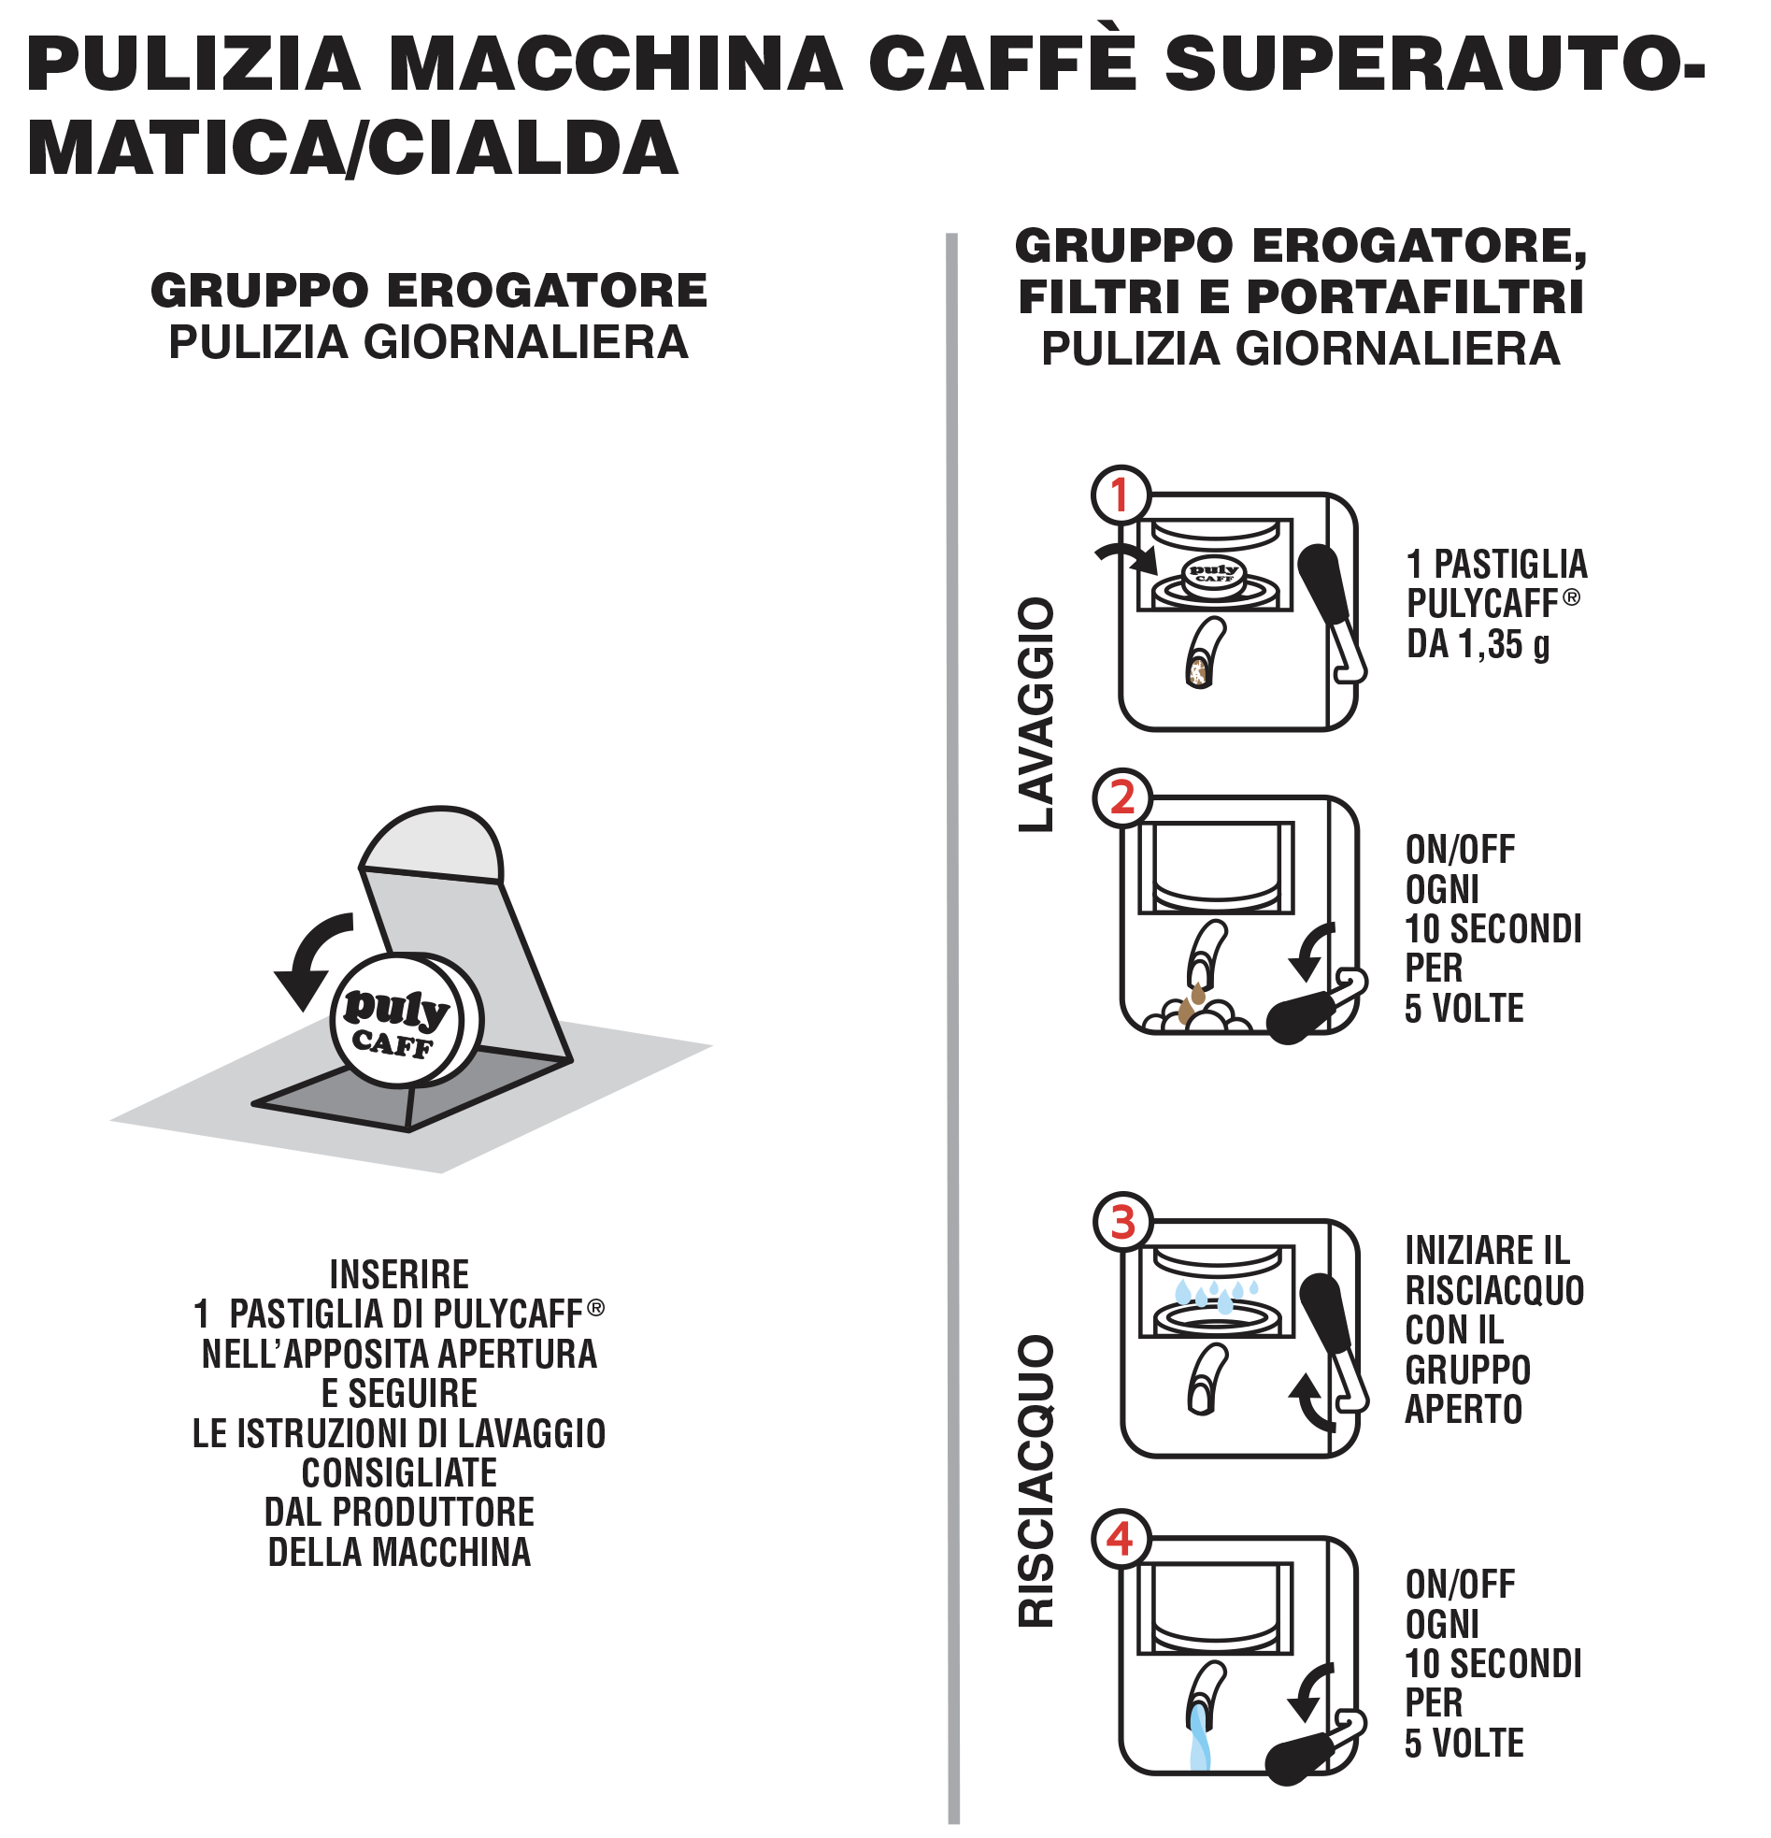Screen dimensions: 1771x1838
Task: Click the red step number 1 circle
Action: click(x=1121, y=495)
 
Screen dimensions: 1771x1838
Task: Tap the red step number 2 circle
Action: click(x=1122, y=798)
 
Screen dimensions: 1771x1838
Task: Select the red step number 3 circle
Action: click(x=1123, y=1222)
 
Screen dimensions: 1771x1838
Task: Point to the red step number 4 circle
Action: click(x=1121, y=1539)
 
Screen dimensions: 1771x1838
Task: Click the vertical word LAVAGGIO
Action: click(x=1037, y=713)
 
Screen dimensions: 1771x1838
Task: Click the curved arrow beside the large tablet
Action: click(x=309, y=956)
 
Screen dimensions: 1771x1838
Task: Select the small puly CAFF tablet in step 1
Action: click(x=1215, y=575)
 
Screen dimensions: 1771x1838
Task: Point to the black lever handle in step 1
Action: click(x=1323, y=583)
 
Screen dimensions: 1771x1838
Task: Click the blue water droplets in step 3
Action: click(x=1216, y=1294)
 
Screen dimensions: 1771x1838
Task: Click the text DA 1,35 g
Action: click(x=1478, y=644)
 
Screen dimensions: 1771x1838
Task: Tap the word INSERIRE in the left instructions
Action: click(x=399, y=1274)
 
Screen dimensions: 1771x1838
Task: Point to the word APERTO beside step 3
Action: click(x=1464, y=1410)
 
